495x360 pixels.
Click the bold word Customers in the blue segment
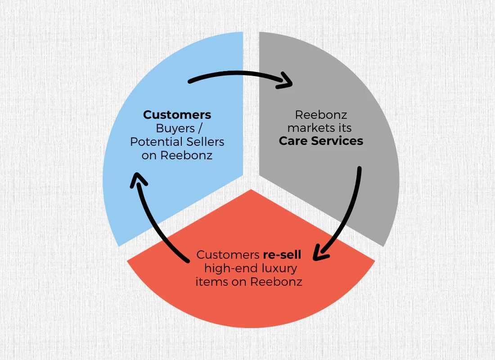pos(177,115)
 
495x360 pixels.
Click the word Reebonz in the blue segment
pos(186,155)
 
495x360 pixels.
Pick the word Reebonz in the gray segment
pos(321,115)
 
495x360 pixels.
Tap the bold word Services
pos(337,141)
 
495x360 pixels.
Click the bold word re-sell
pos(282,255)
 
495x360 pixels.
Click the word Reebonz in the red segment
pos(276,281)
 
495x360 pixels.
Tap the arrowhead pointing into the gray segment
pos(287,81)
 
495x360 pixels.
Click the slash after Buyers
pos(200,129)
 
